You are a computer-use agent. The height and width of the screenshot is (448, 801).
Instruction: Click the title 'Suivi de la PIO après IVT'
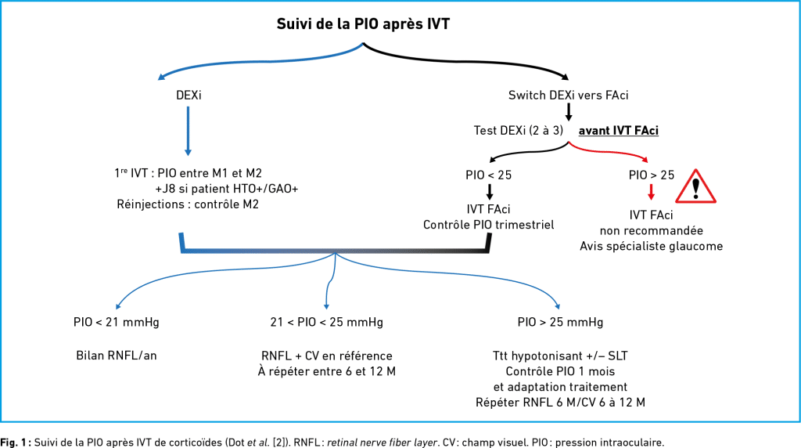tap(363, 24)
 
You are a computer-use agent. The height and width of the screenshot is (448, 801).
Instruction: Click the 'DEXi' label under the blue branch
tap(189, 95)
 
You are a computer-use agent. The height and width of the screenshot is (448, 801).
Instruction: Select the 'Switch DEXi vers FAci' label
tap(568, 95)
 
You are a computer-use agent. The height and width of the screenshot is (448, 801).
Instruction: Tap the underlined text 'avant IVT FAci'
tap(618, 131)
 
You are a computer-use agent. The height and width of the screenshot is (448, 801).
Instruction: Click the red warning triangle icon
tap(695, 186)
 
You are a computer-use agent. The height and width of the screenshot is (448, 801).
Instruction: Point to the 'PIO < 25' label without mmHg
tap(488, 175)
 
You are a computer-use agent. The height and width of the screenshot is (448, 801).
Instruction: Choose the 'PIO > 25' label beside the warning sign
tap(652, 175)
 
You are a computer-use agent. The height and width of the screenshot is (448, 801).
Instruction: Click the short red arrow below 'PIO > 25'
tap(651, 192)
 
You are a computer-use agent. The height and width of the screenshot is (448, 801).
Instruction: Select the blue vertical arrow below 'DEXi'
tap(188, 131)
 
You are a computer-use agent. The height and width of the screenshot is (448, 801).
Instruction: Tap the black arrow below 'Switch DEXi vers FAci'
tap(568, 112)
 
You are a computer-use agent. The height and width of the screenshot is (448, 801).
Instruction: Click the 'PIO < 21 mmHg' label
tap(117, 322)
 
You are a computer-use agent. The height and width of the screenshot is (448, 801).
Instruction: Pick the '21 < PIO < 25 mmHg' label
tap(327, 322)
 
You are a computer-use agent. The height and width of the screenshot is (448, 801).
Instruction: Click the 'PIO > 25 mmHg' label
tap(560, 322)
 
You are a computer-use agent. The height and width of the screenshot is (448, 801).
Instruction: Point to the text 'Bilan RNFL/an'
tap(117, 356)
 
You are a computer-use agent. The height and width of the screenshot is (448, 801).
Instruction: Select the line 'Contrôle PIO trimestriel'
tap(488, 225)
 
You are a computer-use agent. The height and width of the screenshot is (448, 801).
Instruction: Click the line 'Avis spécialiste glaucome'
tap(652, 246)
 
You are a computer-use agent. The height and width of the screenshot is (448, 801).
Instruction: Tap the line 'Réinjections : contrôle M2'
tap(188, 204)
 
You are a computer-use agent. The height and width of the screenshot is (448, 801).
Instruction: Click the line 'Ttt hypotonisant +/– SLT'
tap(560, 356)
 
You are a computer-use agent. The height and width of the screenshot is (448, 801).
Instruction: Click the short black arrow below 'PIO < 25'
tap(490, 192)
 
